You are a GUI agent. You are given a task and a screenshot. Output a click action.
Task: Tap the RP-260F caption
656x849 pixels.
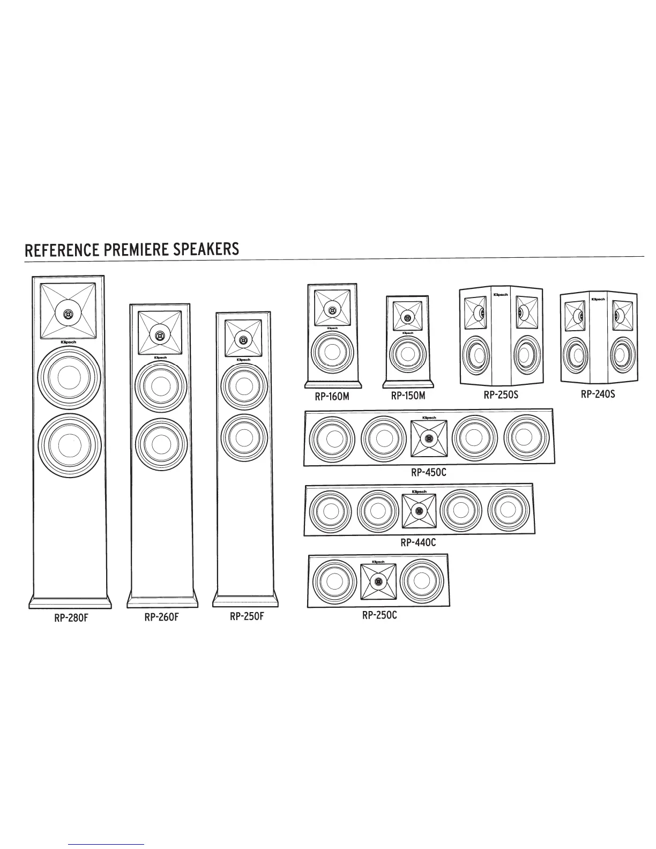(161, 617)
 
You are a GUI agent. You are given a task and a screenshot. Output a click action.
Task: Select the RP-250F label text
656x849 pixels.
(247, 616)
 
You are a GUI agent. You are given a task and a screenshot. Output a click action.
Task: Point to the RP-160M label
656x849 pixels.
(332, 397)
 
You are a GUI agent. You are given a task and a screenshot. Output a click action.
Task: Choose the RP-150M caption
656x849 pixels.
(408, 396)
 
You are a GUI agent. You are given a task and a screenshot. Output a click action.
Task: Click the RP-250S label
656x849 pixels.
(501, 395)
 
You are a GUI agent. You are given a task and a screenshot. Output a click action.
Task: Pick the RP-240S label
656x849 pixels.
(598, 394)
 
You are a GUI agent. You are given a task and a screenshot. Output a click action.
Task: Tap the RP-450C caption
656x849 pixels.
(428, 473)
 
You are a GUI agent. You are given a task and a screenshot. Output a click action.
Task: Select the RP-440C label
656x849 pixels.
(418, 542)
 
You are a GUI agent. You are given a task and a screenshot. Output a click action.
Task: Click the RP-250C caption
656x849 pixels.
(379, 615)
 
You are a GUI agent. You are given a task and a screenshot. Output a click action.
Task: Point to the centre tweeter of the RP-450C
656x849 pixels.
(428, 439)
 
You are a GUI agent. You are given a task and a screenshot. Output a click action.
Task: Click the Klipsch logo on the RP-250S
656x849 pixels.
(500, 295)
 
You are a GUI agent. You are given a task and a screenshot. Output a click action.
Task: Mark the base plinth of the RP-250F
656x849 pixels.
(246, 599)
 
